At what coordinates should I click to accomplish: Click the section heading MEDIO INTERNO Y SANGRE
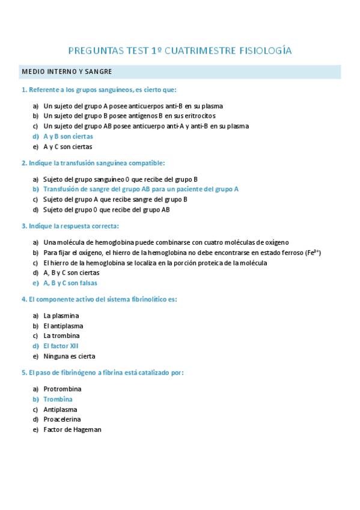click(67, 72)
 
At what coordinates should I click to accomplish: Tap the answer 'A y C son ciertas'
click(68, 147)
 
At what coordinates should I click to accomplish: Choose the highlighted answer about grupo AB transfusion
click(141, 189)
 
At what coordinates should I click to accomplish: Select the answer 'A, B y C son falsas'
click(70, 283)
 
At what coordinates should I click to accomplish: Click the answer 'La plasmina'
click(61, 316)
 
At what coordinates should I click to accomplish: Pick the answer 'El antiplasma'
click(63, 326)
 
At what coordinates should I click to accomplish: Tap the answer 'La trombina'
click(61, 336)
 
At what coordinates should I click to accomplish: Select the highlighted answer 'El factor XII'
click(61, 346)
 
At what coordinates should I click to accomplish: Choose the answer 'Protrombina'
click(63, 389)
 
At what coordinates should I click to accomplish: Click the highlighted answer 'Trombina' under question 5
click(58, 399)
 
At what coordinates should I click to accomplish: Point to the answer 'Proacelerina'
click(63, 419)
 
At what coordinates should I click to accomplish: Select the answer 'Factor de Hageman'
click(72, 429)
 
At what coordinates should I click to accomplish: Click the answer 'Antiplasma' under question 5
click(60, 410)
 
